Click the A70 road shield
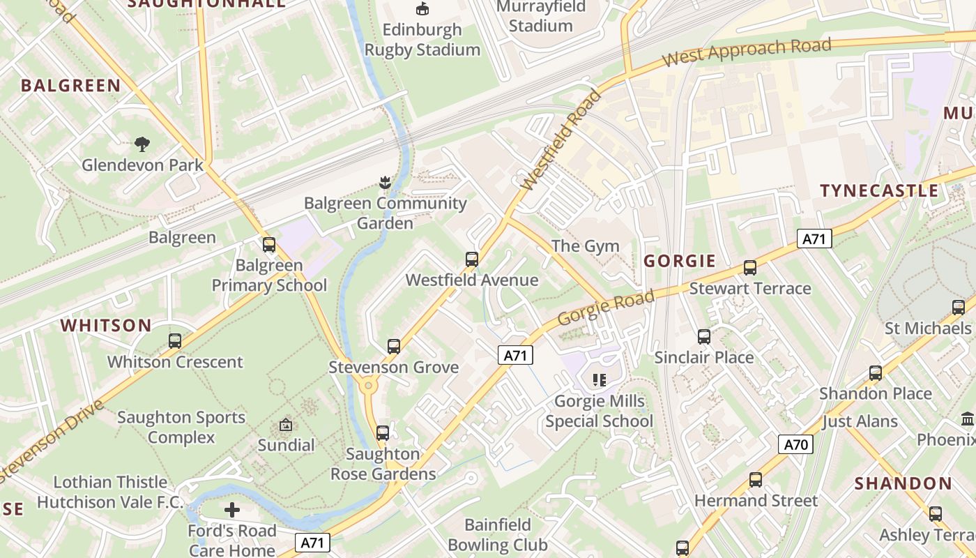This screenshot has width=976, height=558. coord(795,444)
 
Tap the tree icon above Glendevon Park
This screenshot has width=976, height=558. coord(142,144)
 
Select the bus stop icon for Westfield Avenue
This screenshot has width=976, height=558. coord(472,259)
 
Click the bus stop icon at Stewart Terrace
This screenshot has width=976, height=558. coord(750,268)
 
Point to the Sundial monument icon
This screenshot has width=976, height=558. coord(286,424)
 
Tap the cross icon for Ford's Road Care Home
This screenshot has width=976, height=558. coord(232,510)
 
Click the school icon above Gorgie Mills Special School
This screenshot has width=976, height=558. coord(599,380)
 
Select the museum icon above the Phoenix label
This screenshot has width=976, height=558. coord(968,419)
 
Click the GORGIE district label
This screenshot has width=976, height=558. coord(680,261)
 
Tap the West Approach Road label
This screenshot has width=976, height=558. coord(747,53)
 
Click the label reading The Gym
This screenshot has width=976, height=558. coord(585,246)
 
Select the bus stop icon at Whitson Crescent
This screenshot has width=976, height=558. coord(175,341)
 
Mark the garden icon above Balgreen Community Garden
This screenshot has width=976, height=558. coord(383,183)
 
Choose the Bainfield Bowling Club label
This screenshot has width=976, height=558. coord(498,534)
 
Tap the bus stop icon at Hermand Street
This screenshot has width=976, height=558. coord(756,480)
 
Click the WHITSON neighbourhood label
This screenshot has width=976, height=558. coord(106,326)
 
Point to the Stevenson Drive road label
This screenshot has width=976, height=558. coord(52,440)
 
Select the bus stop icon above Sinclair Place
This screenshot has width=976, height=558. coord(704,337)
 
